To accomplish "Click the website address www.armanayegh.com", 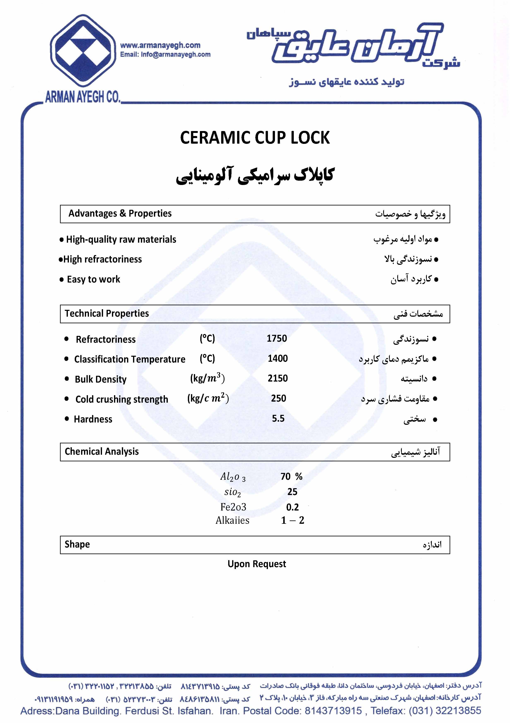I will [x=160, y=45].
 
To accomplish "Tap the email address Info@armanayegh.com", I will [x=176, y=55].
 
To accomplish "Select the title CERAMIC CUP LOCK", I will [x=255, y=138].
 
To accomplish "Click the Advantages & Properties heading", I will [x=120, y=214].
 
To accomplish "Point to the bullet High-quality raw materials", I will [x=121, y=240].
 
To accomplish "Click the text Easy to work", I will [x=93, y=279].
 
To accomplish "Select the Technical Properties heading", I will [x=107, y=313].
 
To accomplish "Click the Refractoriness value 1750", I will [x=277, y=339].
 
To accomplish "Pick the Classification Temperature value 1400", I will [x=277, y=358].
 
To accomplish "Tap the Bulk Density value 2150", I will [x=277, y=378].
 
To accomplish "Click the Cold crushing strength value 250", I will [x=278, y=398].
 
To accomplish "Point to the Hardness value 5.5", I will [x=278, y=419].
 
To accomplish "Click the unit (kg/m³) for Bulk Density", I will [x=207, y=378].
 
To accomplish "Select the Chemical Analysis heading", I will [x=102, y=452].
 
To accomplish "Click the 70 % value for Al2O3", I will [x=291, y=476].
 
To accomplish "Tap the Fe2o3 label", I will [x=233, y=507].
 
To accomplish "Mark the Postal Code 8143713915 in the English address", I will [x=333, y=711].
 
